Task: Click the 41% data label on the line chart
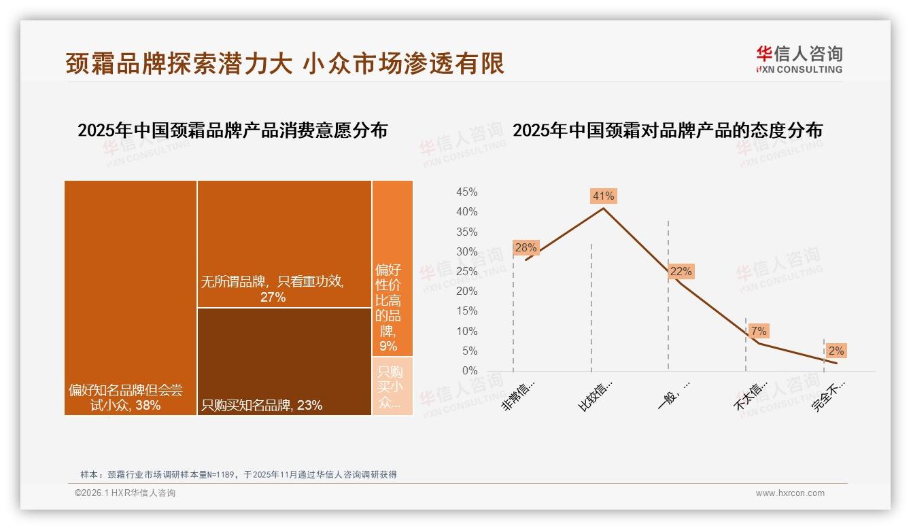(603, 196)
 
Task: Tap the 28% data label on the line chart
(526, 247)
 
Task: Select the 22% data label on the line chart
(681, 271)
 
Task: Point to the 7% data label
(759, 331)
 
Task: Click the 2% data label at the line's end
(836, 351)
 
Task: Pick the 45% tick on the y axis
(466, 192)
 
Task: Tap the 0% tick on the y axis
(469, 371)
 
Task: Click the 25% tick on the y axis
(466, 272)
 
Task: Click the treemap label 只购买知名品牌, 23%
(262, 406)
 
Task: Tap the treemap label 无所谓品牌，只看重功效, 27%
(272, 289)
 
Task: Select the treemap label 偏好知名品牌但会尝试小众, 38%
(126, 397)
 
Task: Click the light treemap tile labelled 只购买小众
(392, 386)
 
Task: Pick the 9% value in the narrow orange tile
(388, 347)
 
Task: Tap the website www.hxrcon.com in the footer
(790, 493)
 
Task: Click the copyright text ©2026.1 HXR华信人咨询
(125, 493)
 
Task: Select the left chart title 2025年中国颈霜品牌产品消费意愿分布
(233, 130)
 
